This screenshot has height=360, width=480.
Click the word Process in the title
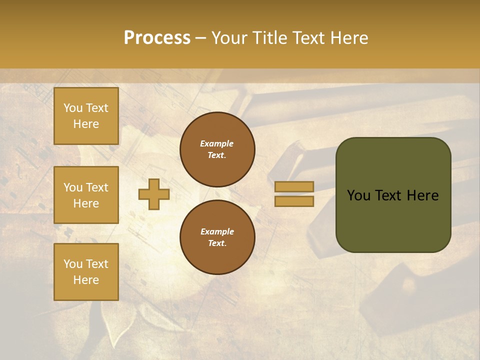coord(157,38)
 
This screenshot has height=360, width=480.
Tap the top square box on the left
coord(86,116)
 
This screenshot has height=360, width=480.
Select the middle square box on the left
coord(86,195)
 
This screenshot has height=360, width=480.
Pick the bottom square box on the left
coord(86,272)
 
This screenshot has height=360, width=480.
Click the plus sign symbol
coord(154,194)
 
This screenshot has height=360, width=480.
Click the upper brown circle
coord(217,149)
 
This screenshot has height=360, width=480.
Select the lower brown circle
coord(217,237)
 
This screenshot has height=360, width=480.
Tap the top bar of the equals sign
coord(294,186)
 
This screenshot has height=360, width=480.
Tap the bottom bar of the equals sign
coord(294,201)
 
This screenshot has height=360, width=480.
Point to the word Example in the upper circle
coord(217,144)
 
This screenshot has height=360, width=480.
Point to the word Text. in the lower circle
coord(217,243)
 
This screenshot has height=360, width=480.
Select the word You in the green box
coord(358,195)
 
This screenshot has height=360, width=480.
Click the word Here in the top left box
coord(86,124)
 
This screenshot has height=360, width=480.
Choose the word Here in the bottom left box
coord(86,280)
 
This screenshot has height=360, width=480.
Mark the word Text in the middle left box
coord(97,187)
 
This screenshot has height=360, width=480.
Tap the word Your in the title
coord(230,38)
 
